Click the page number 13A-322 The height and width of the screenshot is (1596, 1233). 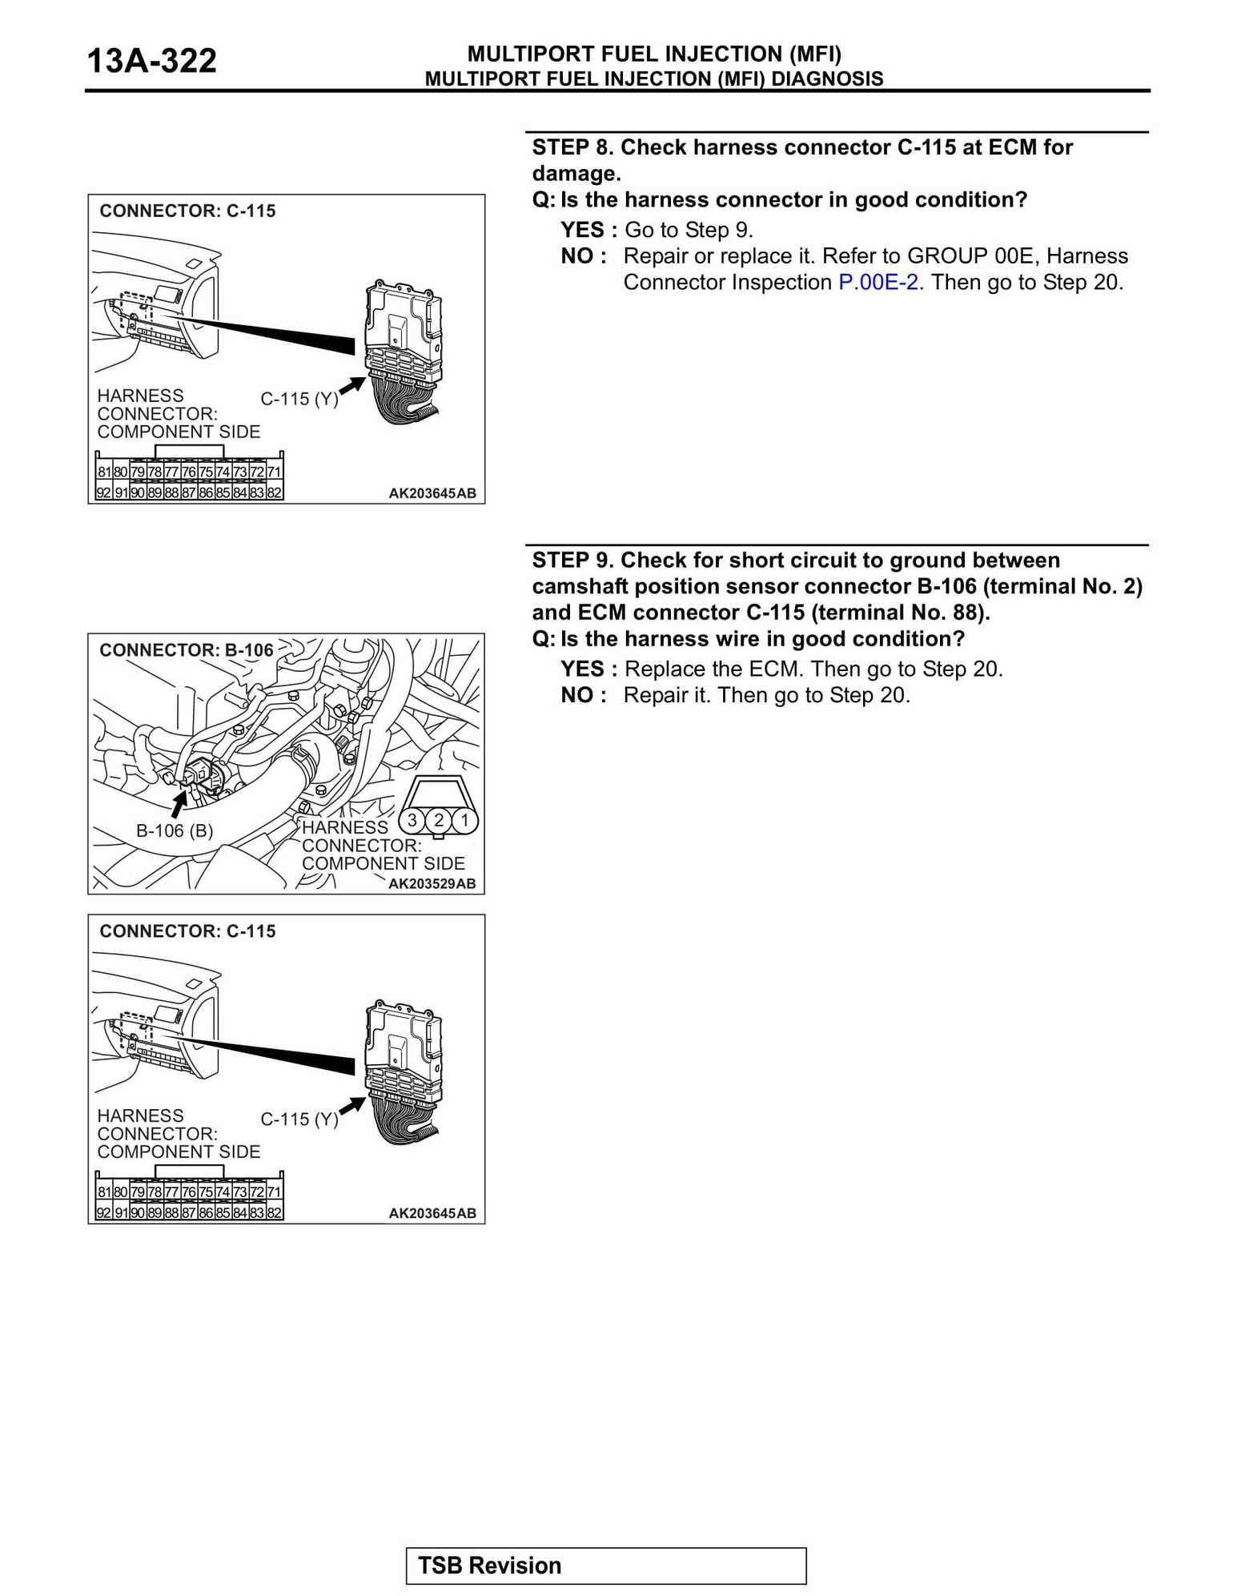point(151,61)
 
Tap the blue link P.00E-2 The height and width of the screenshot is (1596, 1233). point(878,283)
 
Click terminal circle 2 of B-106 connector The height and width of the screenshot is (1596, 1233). point(439,820)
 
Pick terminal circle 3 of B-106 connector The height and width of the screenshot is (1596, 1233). point(412,820)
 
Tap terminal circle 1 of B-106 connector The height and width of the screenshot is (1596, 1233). point(464,820)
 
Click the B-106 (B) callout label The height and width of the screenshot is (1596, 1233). point(175,831)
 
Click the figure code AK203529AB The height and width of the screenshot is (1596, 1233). point(432,883)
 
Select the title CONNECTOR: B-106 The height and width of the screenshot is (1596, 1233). point(186,650)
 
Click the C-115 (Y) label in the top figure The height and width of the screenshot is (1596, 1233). point(299,399)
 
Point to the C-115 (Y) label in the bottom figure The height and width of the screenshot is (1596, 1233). point(299,1119)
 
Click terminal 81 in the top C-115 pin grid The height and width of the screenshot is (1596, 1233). point(104,472)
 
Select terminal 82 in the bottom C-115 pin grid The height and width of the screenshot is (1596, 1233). point(274,1212)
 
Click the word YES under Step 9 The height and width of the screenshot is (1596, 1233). point(582,669)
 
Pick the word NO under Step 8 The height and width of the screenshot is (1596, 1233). point(576,256)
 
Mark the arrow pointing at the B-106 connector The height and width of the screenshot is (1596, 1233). point(179,802)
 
